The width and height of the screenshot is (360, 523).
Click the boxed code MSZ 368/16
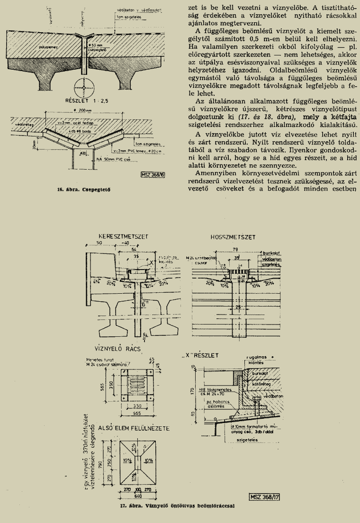pos(152,175)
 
